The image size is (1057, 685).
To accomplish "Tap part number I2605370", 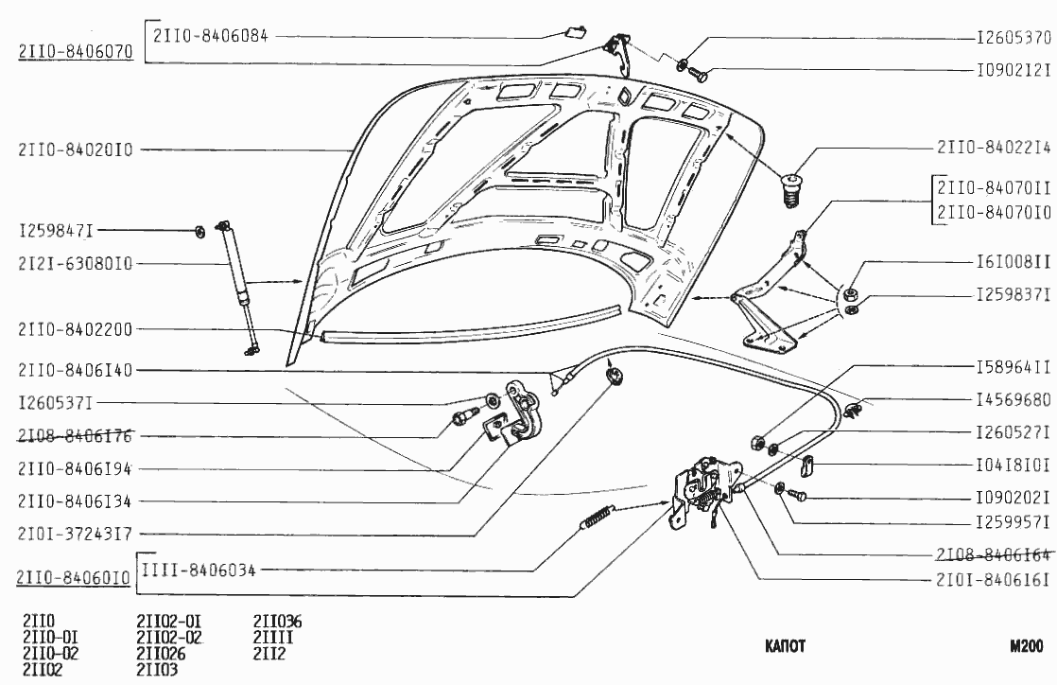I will click(x=1013, y=40).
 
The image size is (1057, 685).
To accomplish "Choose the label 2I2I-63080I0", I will click(x=75, y=263).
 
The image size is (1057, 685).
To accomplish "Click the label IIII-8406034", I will click(x=199, y=570).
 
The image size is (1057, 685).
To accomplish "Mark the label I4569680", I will click(x=1013, y=401).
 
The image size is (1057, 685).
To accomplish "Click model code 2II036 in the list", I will click(x=277, y=622).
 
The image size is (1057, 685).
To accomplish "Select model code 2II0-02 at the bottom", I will click(x=50, y=654).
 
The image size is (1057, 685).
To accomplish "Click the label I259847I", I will click(x=56, y=231).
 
